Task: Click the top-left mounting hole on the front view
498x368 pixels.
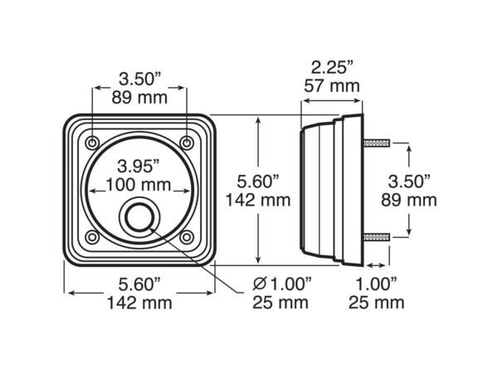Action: tap(92, 143)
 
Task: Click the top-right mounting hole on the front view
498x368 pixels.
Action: tap(187, 143)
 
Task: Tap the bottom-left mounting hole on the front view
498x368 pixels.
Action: tap(92, 237)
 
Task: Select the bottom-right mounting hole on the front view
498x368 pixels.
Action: tap(187, 237)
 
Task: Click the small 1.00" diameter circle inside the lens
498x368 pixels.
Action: tap(139, 218)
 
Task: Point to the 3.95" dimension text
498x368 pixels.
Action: tap(139, 167)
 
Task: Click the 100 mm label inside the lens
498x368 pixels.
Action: tap(139, 185)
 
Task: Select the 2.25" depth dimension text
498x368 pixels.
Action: tap(332, 68)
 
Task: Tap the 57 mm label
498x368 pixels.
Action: tap(332, 86)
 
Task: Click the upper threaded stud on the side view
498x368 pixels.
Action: tap(377, 143)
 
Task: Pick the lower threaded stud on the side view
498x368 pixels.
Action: tap(377, 237)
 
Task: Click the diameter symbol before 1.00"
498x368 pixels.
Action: tap(260, 283)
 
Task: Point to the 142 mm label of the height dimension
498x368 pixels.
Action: tap(258, 201)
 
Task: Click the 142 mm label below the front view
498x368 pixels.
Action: tap(139, 303)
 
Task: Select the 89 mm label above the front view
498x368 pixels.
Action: tap(139, 98)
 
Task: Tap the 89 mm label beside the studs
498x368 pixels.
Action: tap(409, 201)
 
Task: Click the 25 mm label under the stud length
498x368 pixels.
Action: tap(376, 303)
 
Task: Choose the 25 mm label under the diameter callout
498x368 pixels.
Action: tap(281, 303)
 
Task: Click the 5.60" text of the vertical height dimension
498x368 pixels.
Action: tap(258, 182)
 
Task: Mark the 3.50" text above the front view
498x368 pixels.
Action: tap(140, 79)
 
